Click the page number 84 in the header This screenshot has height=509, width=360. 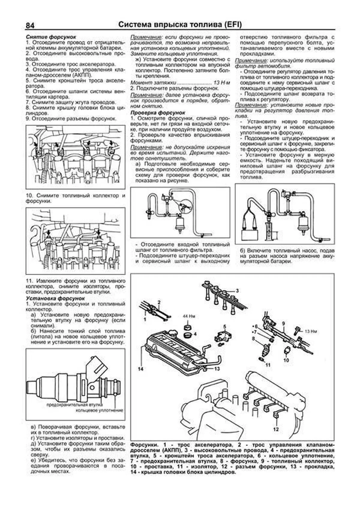coord(30,25)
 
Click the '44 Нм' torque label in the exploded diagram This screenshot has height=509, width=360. coord(189,316)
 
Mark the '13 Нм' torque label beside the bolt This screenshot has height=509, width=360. coord(311,331)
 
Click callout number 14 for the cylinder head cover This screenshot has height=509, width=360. coord(141,369)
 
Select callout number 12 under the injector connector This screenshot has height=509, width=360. coord(276,429)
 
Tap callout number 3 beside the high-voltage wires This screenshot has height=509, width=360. coord(237,291)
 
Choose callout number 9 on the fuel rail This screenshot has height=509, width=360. coord(283,323)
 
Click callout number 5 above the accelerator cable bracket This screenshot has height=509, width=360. coord(224,326)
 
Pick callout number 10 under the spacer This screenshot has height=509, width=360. coord(286,360)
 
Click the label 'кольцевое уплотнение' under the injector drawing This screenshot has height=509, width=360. coord(99,410)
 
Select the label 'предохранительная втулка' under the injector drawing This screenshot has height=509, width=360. coord(75,405)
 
